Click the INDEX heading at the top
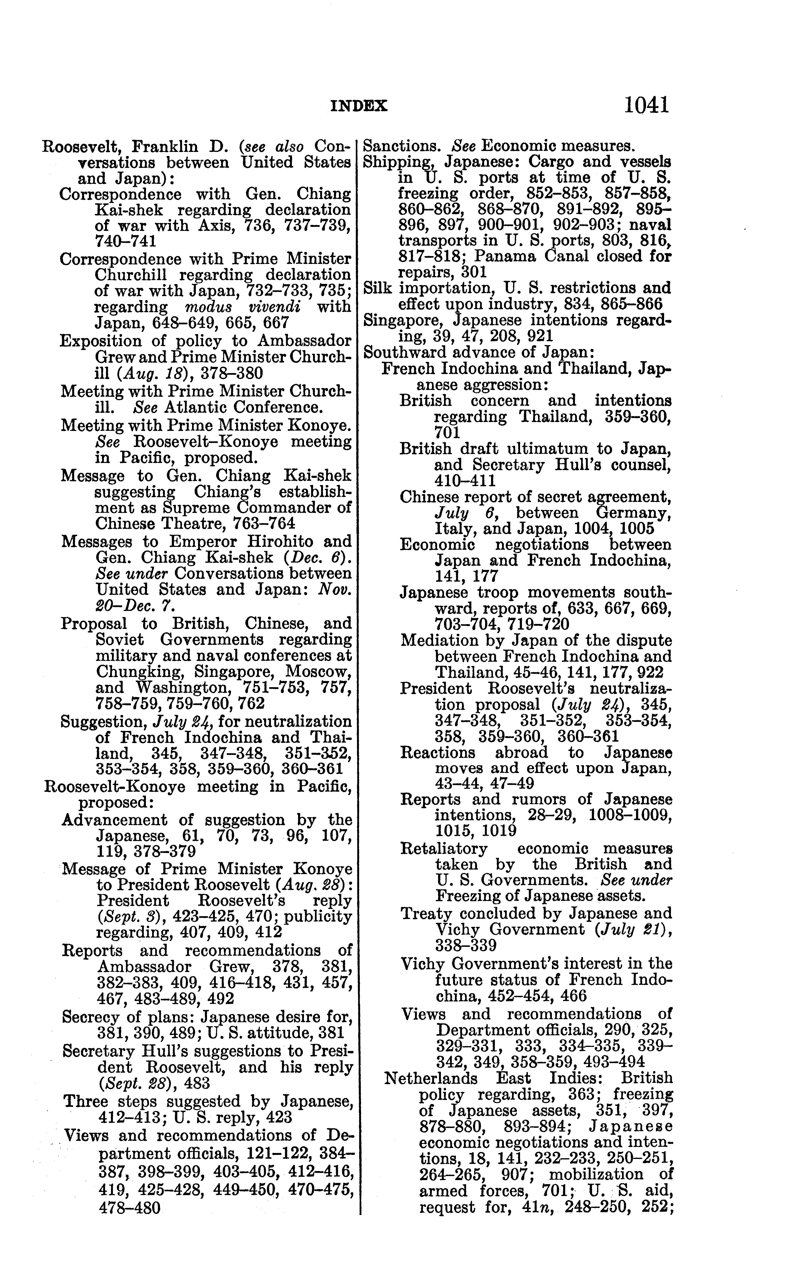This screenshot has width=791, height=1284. (359, 106)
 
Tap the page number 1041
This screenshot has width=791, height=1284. (646, 105)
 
